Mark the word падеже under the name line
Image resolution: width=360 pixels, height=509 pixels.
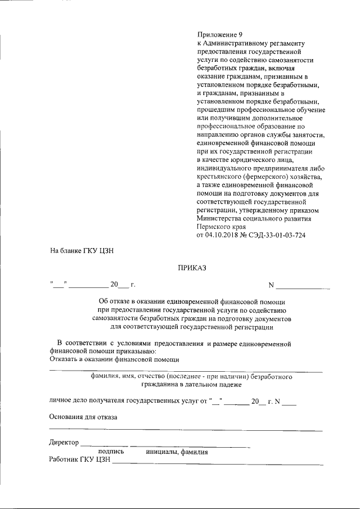click(227, 385)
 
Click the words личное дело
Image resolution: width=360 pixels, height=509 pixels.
click(71, 402)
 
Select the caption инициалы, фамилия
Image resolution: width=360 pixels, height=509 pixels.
click(177, 451)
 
